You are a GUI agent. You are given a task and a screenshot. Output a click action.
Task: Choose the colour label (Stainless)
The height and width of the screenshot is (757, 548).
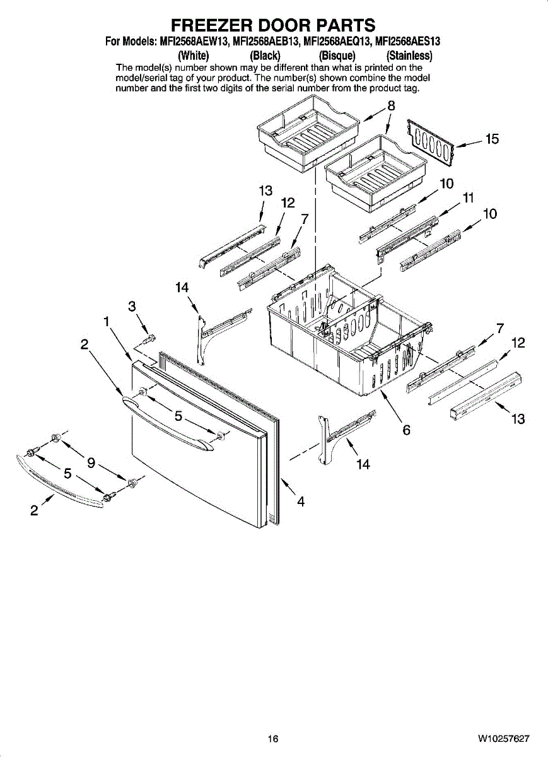(x=409, y=55)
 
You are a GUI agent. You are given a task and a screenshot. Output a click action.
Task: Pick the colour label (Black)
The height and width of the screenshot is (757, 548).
(x=265, y=55)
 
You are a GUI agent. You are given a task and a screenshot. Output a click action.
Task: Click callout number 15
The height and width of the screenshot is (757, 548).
(x=492, y=139)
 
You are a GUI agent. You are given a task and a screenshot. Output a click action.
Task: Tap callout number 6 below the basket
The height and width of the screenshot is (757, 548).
(x=407, y=430)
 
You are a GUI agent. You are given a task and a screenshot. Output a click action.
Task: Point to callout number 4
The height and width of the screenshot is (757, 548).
(x=301, y=502)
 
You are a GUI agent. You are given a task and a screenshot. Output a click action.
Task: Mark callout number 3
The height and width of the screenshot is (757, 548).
(x=132, y=306)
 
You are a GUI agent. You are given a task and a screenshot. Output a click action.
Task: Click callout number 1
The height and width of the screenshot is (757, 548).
(x=107, y=321)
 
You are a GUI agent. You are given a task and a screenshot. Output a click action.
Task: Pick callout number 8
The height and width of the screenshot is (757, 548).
(x=391, y=105)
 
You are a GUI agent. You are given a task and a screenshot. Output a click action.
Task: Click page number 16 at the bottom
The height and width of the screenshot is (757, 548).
(x=272, y=739)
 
